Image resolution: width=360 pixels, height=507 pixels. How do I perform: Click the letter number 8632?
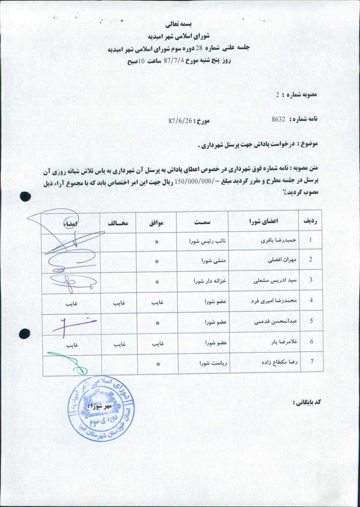[279, 119]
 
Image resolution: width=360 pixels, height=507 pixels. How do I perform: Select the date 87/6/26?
[180, 120]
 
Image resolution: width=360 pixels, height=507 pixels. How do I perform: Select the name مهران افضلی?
[275, 260]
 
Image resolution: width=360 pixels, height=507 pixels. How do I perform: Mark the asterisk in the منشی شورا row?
[156, 261]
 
